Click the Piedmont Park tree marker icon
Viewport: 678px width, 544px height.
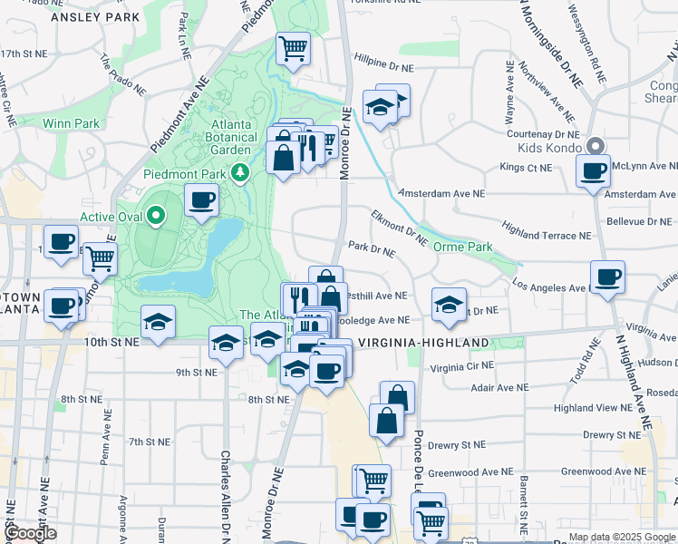(x=240, y=172)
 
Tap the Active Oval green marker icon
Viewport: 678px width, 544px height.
(x=156, y=216)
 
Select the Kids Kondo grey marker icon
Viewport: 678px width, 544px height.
(x=596, y=145)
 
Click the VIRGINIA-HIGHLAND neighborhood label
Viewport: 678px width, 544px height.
(x=423, y=343)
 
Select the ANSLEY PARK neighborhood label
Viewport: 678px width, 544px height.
(x=95, y=17)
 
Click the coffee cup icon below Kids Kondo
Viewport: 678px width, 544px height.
(x=595, y=170)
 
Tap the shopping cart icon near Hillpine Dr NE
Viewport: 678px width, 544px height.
(x=293, y=48)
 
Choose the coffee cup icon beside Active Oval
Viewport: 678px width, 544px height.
(x=201, y=199)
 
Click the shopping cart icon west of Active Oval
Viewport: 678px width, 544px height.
(x=100, y=258)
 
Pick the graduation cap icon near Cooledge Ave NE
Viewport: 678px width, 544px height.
(x=449, y=305)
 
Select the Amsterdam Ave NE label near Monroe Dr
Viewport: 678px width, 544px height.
(x=443, y=193)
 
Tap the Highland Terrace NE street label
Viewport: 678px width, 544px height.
(x=546, y=235)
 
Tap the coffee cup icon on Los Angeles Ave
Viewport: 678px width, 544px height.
(x=606, y=277)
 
